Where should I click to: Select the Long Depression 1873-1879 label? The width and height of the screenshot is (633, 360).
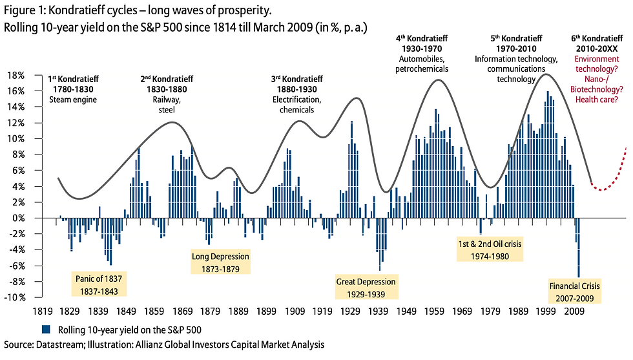point(220,262)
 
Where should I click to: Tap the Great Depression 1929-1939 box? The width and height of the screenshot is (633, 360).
point(366,288)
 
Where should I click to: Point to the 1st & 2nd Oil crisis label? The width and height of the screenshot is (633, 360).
point(489,250)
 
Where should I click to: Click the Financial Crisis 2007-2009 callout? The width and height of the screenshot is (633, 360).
point(575,291)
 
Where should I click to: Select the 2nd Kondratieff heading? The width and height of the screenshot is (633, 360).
point(167,79)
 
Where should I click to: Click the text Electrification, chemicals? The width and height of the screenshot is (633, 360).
point(296,105)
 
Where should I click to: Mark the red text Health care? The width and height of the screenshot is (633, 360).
point(597,100)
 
